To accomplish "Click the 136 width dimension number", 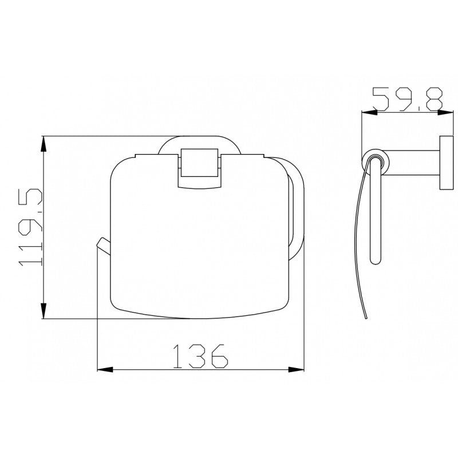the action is (x=200, y=356).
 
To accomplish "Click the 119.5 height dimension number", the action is (x=30, y=227).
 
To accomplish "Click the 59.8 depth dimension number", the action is (x=408, y=99).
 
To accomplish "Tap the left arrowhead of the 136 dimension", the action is (x=105, y=369).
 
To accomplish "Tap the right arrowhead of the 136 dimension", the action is (x=296, y=369).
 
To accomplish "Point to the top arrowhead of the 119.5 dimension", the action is (x=44, y=144).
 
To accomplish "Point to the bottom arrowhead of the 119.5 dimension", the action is (x=44, y=310).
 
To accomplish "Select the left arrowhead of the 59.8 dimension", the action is (x=369, y=112).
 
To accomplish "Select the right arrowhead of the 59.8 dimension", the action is (x=445, y=112).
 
